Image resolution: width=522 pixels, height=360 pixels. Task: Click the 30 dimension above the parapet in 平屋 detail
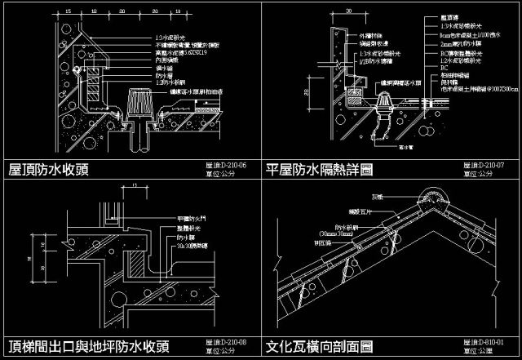(348, 12)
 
